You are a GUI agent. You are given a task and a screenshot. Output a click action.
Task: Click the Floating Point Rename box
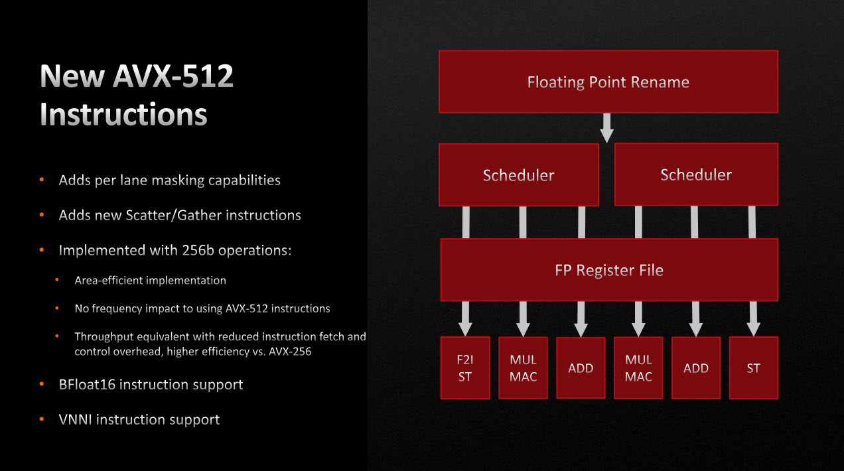tap(608, 82)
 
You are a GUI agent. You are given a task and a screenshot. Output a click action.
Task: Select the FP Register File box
tap(608, 270)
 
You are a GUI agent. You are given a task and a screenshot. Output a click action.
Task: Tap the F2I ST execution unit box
tap(465, 368)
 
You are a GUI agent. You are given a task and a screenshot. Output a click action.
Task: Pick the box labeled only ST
tap(753, 368)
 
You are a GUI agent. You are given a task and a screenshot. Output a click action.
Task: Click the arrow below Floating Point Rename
tap(606, 127)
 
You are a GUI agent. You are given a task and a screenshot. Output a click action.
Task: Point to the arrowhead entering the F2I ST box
tap(465, 329)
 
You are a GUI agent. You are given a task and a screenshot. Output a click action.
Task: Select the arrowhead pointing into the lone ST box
tap(753, 329)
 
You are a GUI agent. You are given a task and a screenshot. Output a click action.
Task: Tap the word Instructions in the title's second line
tap(123, 114)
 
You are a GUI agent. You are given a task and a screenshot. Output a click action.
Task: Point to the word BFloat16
tap(87, 385)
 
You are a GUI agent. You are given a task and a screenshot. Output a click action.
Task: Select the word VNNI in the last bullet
tap(76, 420)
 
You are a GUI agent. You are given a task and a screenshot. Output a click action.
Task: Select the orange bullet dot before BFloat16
tap(42, 385)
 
